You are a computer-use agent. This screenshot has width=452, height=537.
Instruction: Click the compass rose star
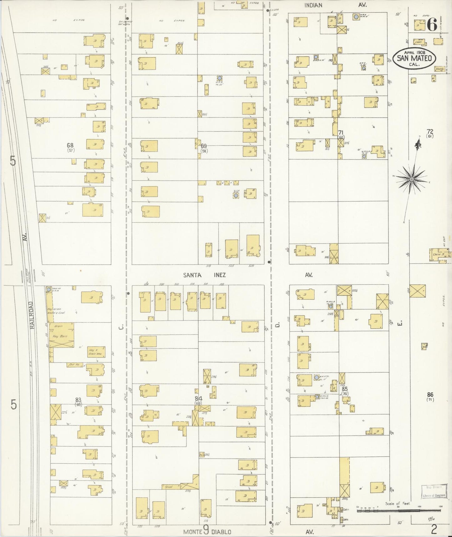(412, 179)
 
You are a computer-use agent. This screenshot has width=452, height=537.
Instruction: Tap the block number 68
(70, 145)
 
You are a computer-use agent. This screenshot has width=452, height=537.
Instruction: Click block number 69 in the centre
(204, 146)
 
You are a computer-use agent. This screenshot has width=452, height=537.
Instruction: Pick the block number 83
(78, 400)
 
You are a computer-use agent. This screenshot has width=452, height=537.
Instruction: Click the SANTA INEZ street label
(204, 275)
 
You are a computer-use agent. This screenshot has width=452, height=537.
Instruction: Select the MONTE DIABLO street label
(207, 532)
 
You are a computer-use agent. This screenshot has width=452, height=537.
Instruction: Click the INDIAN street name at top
(313, 5)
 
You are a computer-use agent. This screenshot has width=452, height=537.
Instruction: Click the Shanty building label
(439, 69)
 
